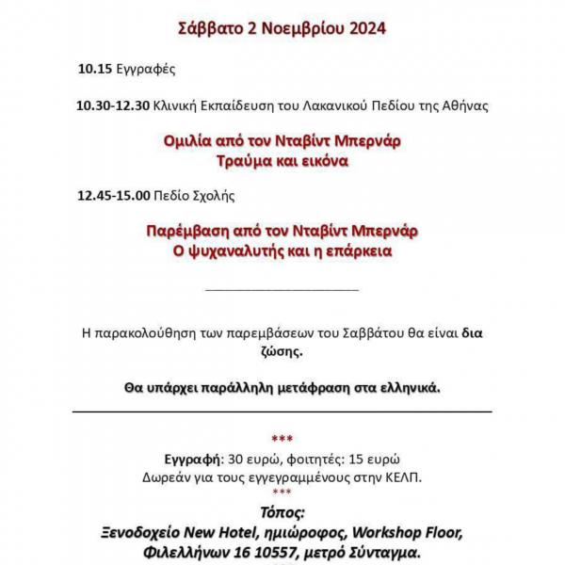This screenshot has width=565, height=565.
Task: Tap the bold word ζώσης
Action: tap(282, 351)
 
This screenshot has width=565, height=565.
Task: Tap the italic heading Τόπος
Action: tap(282, 514)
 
